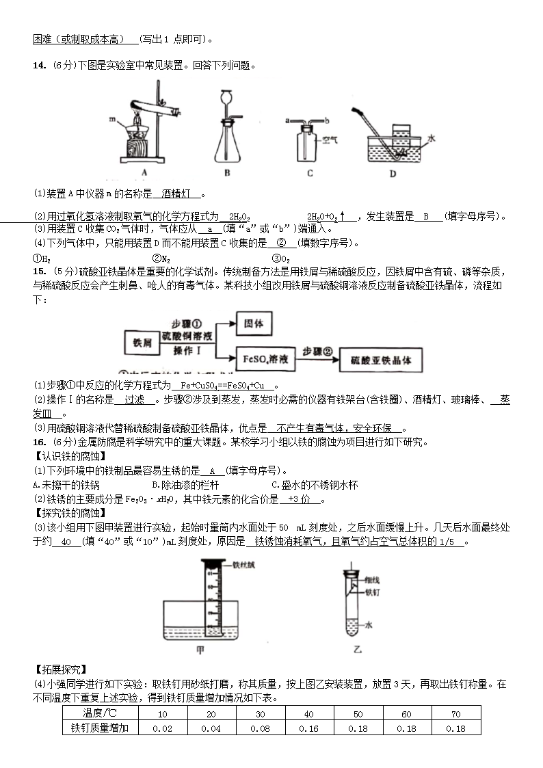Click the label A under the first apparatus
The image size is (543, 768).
coord(144,174)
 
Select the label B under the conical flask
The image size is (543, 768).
coord(227,174)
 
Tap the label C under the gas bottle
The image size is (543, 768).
coord(310,174)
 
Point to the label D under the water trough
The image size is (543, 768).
coord(393,174)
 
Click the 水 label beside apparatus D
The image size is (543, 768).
coord(432,137)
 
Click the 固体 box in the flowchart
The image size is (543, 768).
coord(254,323)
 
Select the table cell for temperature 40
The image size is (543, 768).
coord(309,714)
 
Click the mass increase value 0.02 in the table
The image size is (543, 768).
coord(162,728)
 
